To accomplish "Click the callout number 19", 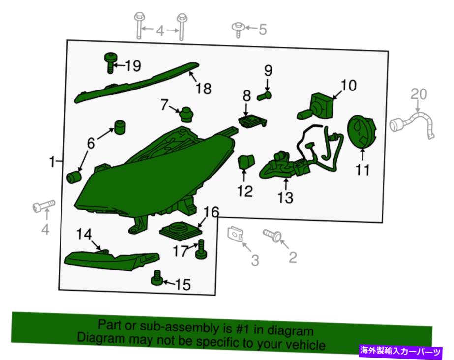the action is [133, 66].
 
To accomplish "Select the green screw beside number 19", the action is [110, 63].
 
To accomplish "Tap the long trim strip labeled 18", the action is [136, 83].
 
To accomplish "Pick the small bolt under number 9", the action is [265, 96].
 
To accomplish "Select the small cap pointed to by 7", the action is [187, 115].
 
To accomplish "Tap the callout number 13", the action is [285, 197].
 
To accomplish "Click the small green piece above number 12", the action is [246, 161].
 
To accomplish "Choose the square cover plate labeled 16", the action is [181, 231].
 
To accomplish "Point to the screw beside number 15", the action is [157, 278].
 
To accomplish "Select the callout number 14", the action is [84, 234].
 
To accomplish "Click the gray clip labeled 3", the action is [235, 234].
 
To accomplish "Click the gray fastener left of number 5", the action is [238, 30].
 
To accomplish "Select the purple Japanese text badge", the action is [401, 351].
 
